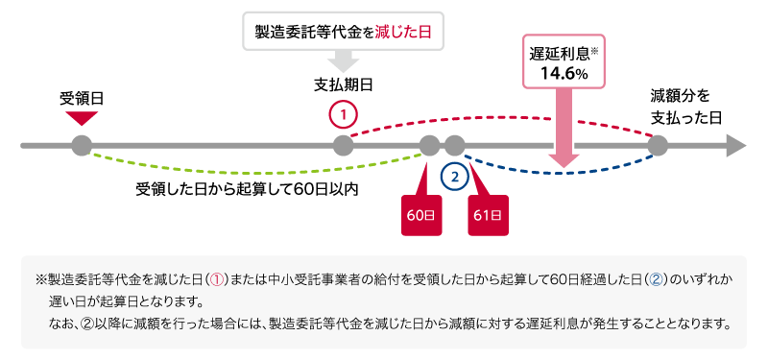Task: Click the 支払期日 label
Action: tap(343, 84)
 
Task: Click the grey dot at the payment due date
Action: tap(343, 146)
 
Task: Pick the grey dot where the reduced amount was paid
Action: tap(658, 146)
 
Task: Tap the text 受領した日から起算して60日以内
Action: tap(247, 188)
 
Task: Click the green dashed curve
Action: tap(250, 169)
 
